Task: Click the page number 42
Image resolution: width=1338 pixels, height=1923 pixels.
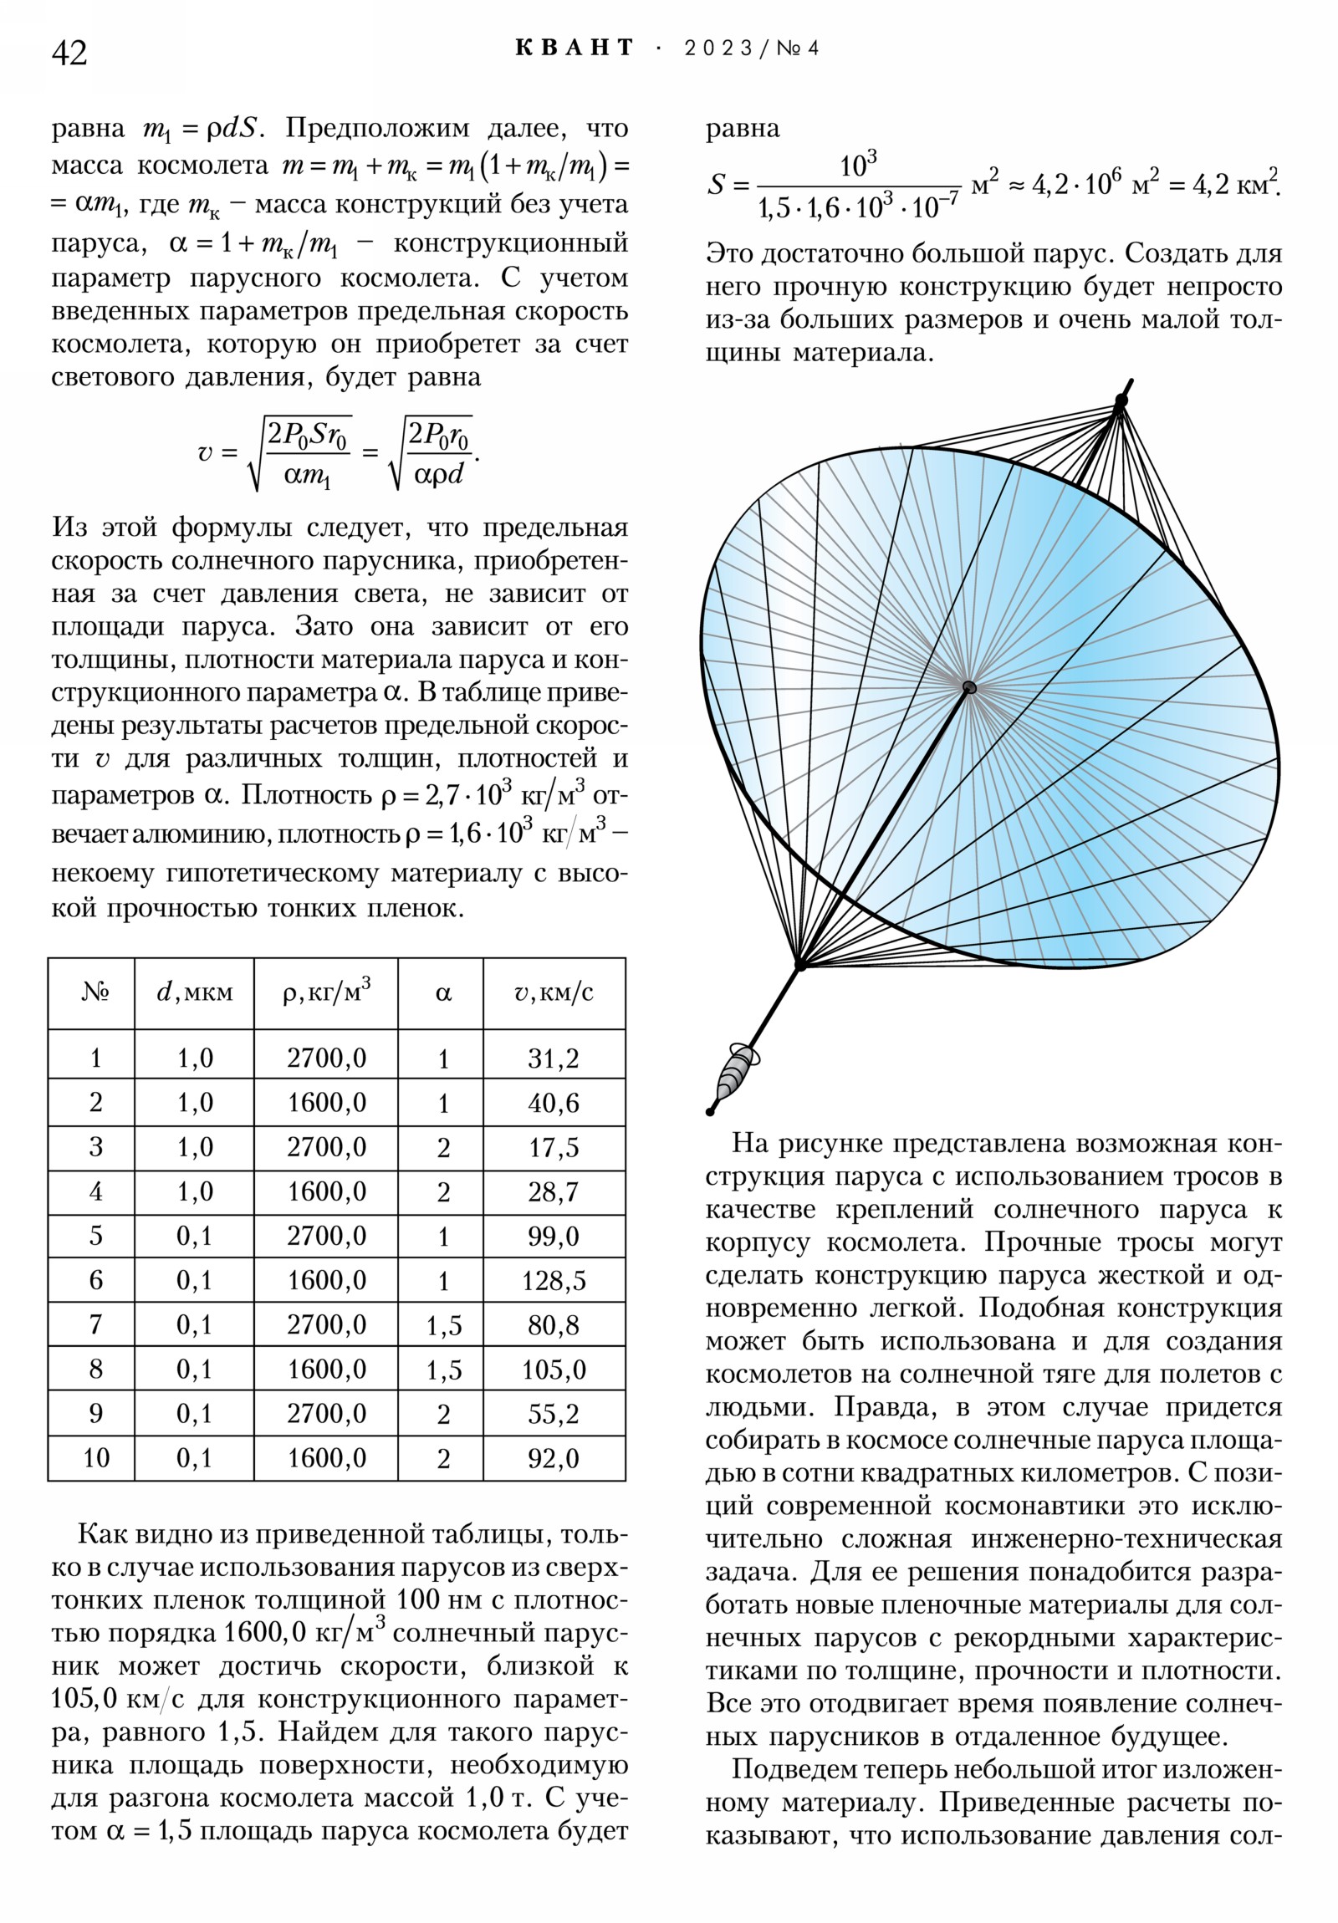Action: coord(69,53)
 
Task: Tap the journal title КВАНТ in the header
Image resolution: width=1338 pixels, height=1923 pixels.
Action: coord(575,48)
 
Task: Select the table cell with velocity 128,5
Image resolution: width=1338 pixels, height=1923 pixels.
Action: coord(554,1281)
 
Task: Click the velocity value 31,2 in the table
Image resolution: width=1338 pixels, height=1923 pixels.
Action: coord(554,1058)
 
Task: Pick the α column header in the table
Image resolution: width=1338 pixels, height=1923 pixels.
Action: coord(443,993)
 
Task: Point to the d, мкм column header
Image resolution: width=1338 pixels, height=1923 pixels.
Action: coord(194,993)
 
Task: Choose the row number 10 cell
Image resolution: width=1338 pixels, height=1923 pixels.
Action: coord(95,1458)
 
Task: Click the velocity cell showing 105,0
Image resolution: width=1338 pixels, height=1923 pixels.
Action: coord(554,1370)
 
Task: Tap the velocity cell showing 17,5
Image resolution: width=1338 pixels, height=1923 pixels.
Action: coord(554,1147)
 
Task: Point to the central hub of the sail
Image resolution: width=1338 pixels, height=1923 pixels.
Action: coord(969,687)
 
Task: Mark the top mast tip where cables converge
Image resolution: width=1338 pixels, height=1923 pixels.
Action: coord(1121,401)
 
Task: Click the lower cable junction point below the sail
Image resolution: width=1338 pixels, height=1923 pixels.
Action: coord(800,965)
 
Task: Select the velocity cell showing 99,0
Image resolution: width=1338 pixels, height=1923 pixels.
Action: coord(554,1237)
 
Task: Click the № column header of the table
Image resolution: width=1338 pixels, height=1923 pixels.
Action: coord(95,993)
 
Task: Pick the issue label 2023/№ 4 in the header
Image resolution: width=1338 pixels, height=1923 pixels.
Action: coord(752,48)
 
